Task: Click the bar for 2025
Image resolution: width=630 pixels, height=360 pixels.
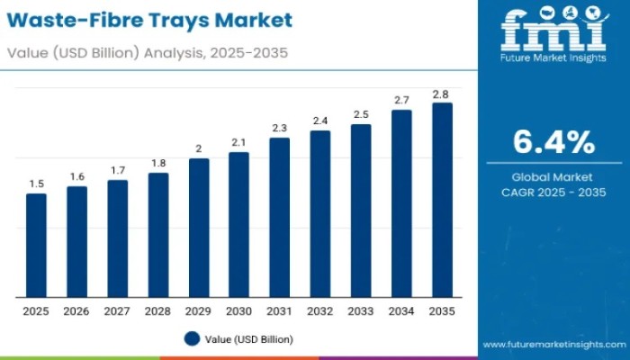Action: pos(36,245)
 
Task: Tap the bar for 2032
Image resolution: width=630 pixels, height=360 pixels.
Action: pos(320,213)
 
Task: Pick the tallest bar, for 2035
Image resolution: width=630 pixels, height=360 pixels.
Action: pos(442,200)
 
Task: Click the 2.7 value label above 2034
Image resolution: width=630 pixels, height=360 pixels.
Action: pos(401,99)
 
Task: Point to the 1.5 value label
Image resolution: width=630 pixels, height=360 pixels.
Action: pos(36,184)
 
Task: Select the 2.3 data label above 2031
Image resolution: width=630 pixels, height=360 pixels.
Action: pos(280,128)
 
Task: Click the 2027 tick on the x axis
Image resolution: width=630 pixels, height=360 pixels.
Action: pos(117,310)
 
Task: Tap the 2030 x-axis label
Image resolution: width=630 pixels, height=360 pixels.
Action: pos(239,310)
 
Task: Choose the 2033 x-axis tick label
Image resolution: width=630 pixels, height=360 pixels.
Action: pos(361,310)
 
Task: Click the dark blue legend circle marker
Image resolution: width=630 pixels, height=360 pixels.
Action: pos(191,338)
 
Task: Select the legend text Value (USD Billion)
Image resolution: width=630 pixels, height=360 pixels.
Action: pos(249,338)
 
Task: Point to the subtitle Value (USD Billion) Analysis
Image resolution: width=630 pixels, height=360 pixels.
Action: pos(148,52)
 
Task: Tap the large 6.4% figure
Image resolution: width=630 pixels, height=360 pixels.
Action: pos(553,142)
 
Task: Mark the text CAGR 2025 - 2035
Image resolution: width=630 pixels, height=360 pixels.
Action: pos(553,193)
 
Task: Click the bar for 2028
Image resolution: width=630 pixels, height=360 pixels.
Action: pos(158,235)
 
